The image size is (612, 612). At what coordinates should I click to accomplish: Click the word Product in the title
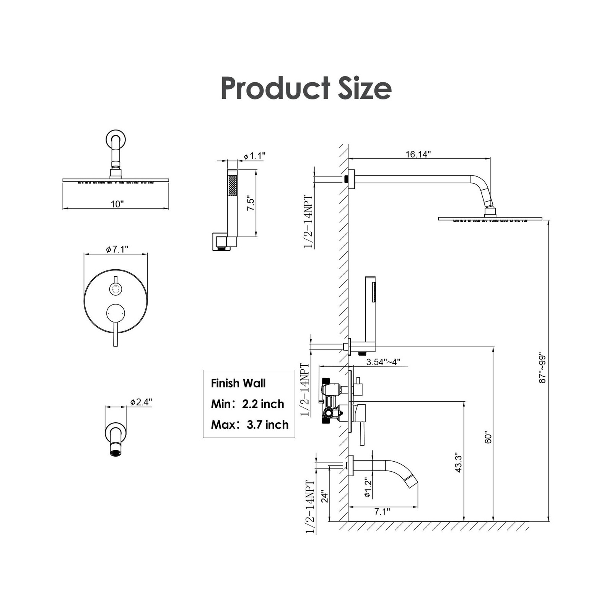pyautogui.click(x=275, y=89)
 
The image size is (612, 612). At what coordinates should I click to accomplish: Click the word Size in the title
pyautogui.click(x=365, y=89)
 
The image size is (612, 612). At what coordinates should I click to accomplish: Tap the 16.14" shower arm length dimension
pyautogui.click(x=418, y=154)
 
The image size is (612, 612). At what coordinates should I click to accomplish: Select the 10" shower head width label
pyautogui.click(x=117, y=204)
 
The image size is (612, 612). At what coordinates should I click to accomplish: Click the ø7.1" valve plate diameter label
pyautogui.click(x=117, y=249)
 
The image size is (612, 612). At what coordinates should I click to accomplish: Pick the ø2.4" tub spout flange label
pyautogui.click(x=141, y=402)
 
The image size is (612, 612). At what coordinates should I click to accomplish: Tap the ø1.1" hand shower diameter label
pyautogui.click(x=254, y=156)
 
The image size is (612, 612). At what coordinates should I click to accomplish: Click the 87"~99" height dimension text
pyautogui.click(x=542, y=367)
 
